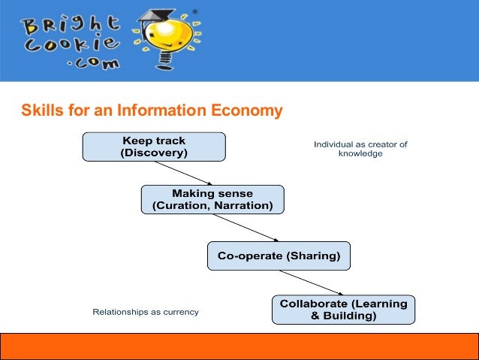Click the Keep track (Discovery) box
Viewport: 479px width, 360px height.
[x=153, y=147]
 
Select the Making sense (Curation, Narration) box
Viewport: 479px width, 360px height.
[x=212, y=199]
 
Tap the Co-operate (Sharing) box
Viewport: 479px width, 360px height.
[x=279, y=256]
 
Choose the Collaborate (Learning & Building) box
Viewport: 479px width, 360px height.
[x=343, y=310]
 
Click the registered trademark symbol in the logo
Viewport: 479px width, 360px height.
[x=197, y=12]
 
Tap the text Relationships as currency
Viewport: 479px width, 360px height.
[x=146, y=311]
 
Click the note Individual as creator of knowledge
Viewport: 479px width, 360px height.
[x=360, y=148]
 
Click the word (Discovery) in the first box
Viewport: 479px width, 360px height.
[x=154, y=153]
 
